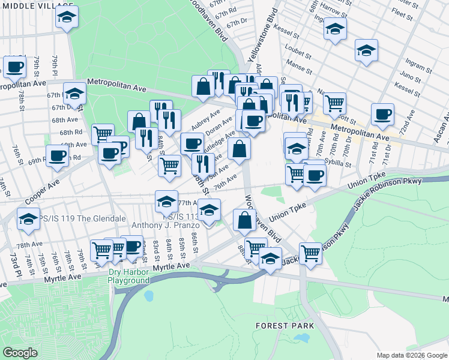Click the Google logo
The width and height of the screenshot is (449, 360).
click(20, 353)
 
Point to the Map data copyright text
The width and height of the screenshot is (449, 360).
click(412, 355)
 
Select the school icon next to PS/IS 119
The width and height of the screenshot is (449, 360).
click(28, 220)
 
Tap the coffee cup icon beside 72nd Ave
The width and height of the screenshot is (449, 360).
click(382, 113)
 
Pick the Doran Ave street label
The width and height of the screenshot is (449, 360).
click(219, 127)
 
